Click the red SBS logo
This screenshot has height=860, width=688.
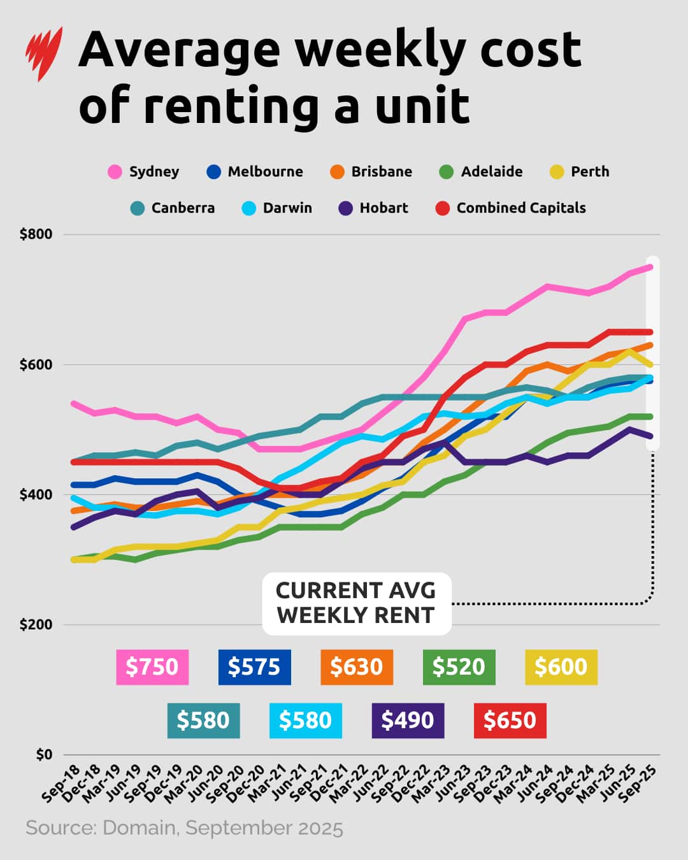point(44,54)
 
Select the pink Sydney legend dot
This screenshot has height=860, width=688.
point(115,172)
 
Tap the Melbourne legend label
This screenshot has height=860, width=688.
point(265,172)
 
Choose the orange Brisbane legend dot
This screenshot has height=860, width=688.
point(337,172)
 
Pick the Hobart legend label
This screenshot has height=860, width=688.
point(383,208)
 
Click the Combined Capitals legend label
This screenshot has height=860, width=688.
point(520,208)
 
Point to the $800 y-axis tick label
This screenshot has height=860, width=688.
point(36,234)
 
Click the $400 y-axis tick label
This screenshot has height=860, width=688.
point(36,495)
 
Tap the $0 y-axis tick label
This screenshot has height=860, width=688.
point(43,755)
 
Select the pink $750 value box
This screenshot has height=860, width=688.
point(152,667)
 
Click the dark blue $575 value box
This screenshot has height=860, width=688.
point(254,667)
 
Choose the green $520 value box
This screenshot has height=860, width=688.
point(459,667)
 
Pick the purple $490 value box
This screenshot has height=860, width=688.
point(408,720)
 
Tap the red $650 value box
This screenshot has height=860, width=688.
point(510,720)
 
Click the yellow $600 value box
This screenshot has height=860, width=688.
point(561,667)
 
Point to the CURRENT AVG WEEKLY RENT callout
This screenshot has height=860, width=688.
point(356,603)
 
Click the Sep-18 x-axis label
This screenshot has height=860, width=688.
point(60,784)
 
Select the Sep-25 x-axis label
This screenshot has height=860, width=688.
point(638,784)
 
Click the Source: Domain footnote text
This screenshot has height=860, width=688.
point(184,828)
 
